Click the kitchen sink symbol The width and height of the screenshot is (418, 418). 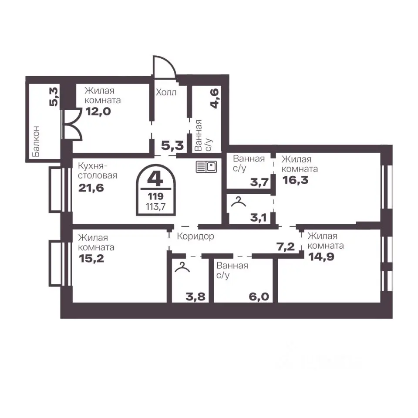[206, 167]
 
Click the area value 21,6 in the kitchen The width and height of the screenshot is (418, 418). [91, 188]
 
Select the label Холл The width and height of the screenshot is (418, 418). [166, 92]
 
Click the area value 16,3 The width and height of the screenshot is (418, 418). [295, 180]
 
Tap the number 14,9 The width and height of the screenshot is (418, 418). [321, 257]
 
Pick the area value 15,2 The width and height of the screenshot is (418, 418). [91, 259]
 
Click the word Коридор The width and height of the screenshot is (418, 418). [196, 236]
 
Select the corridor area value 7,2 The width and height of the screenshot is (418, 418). [286, 247]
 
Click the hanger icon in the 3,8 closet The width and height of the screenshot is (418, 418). [182, 267]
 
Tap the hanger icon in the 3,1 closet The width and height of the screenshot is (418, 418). [238, 202]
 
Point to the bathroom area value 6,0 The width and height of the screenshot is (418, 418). [259, 297]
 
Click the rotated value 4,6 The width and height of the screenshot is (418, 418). [215, 98]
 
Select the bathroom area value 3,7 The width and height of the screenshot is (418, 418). [259, 182]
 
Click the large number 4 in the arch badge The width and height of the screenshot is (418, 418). [155, 179]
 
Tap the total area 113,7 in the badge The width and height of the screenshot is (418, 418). [156, 206]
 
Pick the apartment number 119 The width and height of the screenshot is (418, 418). [156, 196]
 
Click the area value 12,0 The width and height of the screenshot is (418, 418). [98, 111]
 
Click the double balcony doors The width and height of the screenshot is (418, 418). [72, 124]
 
